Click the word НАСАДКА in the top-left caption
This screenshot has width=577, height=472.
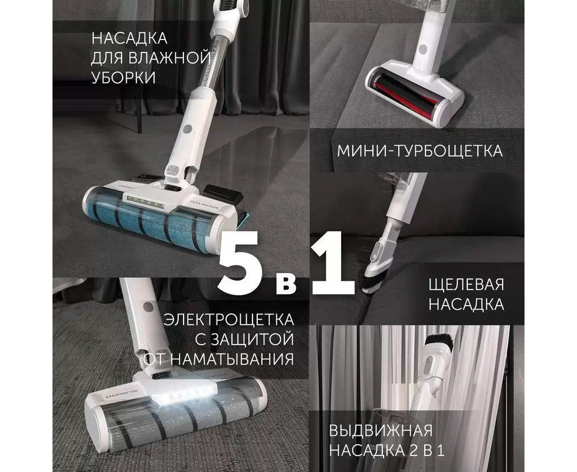[x=129, y=38]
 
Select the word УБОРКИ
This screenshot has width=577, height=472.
[x=123, y=78]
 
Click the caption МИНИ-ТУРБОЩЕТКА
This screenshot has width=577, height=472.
[x=420, y=151]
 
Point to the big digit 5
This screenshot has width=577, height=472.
[x=241, y=263]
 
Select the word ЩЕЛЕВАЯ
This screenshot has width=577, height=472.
[x=466, y=285]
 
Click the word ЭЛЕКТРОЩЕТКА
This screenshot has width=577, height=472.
[x=229, y=319]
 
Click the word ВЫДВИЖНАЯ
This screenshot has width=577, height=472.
[x=381, y=431]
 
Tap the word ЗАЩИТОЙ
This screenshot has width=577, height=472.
[x=249, y=339]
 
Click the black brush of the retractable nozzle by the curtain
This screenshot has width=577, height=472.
[x=439, y=339]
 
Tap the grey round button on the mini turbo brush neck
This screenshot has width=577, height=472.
[x=423, y=49]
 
